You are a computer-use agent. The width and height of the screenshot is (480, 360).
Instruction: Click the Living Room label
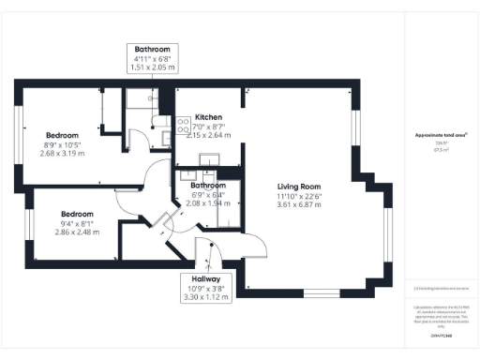(x=298, y=185)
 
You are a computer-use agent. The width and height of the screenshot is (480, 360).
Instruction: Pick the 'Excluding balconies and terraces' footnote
(x=440, y=288)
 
